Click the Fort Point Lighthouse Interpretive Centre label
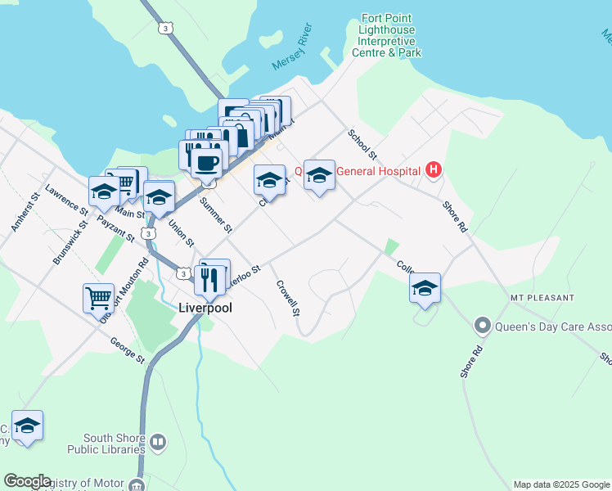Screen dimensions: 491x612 (x=386, y=35)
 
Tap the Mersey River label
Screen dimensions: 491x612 (x=294, y=51)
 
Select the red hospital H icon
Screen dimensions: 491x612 (x=434, y=171)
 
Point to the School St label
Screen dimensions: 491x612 (x=361, y=144)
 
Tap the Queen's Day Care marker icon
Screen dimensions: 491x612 (x=483, y=327)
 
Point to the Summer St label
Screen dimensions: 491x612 (x=216, y=214)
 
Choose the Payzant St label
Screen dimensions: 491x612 (x=115, y=228)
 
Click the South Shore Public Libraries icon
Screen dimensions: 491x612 (x=158, y=443)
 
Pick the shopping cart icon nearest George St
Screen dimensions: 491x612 (x=98, y=297)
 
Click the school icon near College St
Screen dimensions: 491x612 (x=425, y=288)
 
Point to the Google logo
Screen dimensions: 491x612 (x=27, y=481)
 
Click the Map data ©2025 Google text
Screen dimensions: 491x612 (x=561, y=484)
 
